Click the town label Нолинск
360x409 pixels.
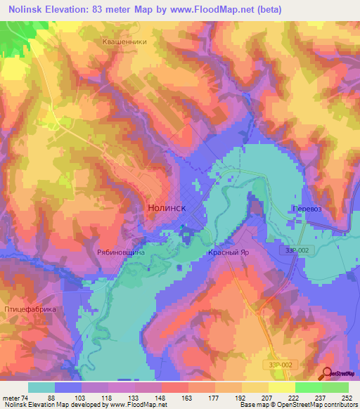pos(167,209)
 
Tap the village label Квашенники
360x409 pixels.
pos(124,41)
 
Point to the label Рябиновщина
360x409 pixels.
pos(120,252)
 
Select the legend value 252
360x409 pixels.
pos(347,397)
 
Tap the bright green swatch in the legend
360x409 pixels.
pos(308,387)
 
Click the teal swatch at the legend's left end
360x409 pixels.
pos(41,387)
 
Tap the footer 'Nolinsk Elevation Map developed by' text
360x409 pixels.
pos(51,405)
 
